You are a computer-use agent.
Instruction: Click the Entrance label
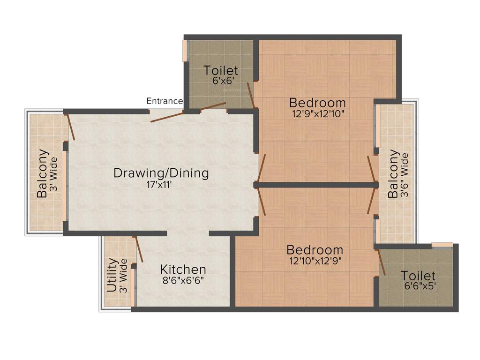pyautogui.click(x=165, y=101)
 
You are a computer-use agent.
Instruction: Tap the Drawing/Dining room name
pyautogui.click(x=161, y=173)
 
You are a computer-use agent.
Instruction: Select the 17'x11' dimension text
pyautogui.click(x=161, y=185)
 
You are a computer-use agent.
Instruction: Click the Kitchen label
pyautogui.click(x=183, y=270)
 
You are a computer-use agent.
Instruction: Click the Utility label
pyautogui.click(x=112, y=276)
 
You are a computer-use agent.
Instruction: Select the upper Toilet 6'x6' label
pyautogui.click(x=221, y=71)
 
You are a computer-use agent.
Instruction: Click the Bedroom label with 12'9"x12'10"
pyautogui.click(x=317, y=102)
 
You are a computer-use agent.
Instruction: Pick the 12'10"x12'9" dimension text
pyautogui.click(x=315, y=261)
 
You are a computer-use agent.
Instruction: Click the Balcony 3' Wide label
pyautogui.click(x=43, y=173)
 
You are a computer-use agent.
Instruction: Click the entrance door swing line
pyautogui.click(x=167, y=116)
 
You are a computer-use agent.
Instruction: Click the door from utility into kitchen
pyautogui.click(x=139, y=249)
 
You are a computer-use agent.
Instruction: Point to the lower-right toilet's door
pyautogui.click(x=381, y=262)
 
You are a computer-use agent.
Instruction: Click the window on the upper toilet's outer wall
pyautogui.click(x=185, y=51)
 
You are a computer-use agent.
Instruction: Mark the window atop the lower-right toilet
pyautogui.click(x=442, y=245)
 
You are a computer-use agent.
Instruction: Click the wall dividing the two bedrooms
pyautogui.click(x=317, y=185)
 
